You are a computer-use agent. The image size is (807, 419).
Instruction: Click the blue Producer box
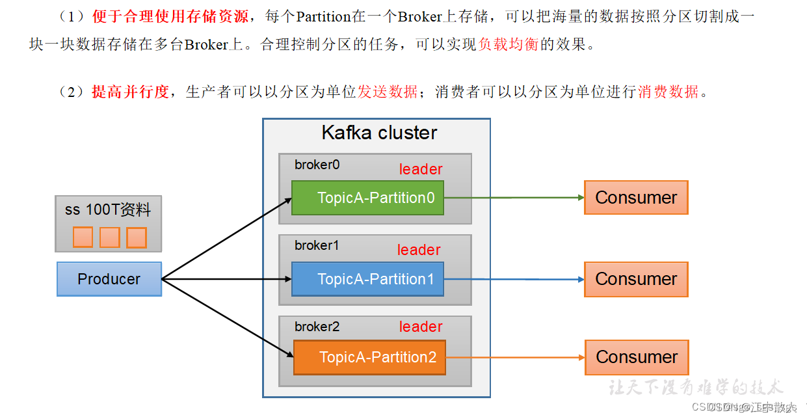click(109, 279)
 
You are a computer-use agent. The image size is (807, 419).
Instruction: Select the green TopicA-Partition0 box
click(367, 198)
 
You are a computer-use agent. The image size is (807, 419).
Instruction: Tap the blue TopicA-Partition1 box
click(367, 279)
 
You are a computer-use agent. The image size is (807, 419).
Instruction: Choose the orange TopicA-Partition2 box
click(369, 357)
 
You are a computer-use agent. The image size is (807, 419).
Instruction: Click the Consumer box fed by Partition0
click(636, 198)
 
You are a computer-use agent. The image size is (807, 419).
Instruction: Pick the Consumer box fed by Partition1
click(636, 279)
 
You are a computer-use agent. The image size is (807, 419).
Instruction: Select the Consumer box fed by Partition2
click(637, 357)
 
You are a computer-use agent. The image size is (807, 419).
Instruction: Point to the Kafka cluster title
click(379, 133)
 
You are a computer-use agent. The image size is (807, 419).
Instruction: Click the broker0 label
click(317, 165)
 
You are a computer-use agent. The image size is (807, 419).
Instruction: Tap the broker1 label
click(317, 246)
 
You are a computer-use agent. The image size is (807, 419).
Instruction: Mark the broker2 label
click(317, 327)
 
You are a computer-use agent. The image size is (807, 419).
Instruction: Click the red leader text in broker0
click(420, 170)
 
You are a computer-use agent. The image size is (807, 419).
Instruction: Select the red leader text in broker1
click(419, 250)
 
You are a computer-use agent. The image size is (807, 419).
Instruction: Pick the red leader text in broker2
click(420, 327)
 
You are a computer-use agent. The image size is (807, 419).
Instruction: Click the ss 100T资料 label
click(108, 210)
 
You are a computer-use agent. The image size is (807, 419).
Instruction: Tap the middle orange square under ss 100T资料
click(109, 237)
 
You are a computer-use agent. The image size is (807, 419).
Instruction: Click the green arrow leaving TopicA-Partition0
click(514, 198)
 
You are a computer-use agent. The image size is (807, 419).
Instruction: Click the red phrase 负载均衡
click(508, 46)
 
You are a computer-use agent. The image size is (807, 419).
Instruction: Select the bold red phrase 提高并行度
click(130, 92)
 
